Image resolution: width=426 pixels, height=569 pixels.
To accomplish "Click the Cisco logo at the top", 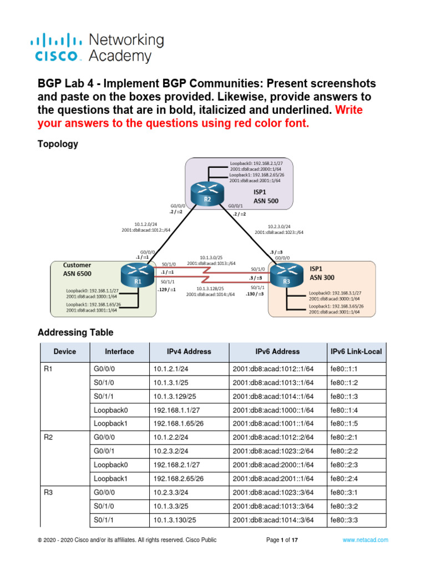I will click(59, 48).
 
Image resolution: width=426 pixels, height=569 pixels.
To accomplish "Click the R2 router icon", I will click(206, 195).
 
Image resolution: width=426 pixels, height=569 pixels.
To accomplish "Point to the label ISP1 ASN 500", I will click(266, 196).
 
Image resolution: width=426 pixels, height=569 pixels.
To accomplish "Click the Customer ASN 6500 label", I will click(77, 269).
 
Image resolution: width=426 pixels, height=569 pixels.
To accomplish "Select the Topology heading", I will click(58, 144).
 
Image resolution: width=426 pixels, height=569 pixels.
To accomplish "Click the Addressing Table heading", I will click(75, 332).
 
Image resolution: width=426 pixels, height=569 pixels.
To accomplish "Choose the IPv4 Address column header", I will click(189, 352).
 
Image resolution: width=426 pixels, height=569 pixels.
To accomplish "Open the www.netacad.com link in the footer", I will click(365, 540).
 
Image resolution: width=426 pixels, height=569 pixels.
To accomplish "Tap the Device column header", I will click(65, 352).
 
